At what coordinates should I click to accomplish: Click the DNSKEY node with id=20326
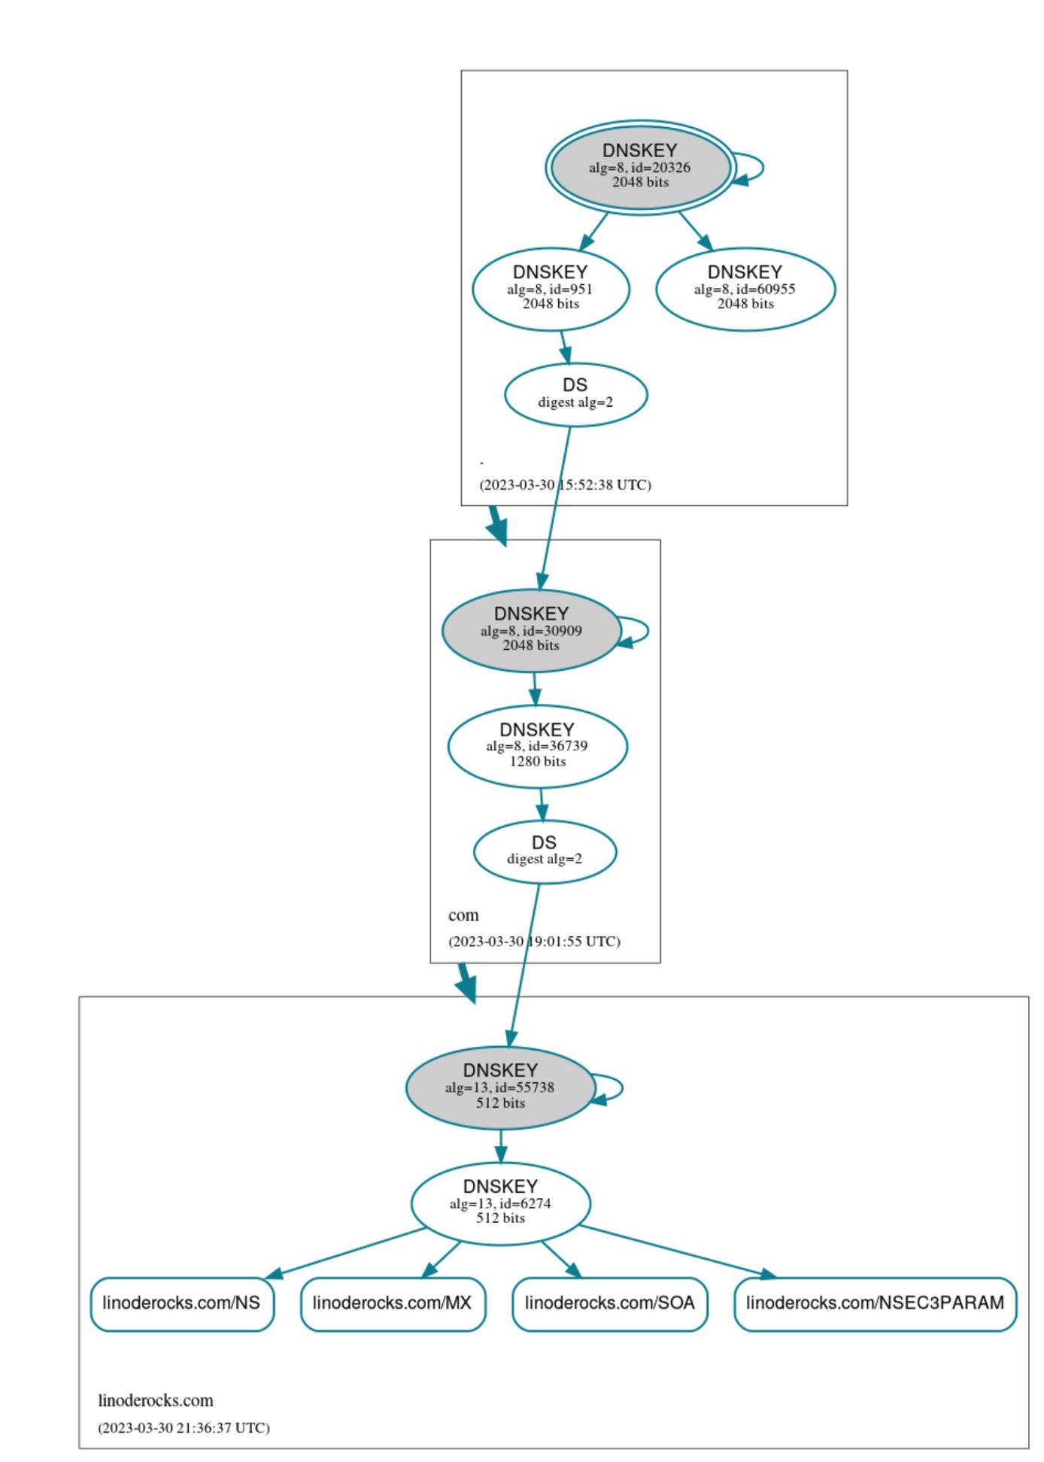[639, 167]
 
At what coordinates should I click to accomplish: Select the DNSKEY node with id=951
[551, 289]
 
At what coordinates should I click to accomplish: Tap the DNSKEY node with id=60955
[745, 289]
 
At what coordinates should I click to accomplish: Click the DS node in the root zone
[575, 394]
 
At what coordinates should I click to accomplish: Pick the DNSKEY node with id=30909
[531, 630]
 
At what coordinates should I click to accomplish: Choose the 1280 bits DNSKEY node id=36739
[537, 746]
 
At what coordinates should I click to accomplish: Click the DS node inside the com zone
[545, 851]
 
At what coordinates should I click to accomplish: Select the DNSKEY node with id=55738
[500, 1087]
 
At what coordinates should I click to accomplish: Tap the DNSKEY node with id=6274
[500, 1203]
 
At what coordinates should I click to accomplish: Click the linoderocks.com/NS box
[182, 1303]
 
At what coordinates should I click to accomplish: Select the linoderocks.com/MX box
[393, 1303]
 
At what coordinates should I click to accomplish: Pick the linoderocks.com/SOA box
[609, 1303]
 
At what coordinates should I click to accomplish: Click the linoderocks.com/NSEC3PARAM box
[875, 1303]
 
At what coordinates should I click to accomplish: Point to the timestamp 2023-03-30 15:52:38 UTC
[566, 485]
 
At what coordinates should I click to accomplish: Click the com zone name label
[463, 915]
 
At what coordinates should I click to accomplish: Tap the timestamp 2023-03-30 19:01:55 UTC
[534, 942]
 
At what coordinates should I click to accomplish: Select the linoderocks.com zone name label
[156, 1400]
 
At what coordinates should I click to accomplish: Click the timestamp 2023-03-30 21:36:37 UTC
[184, 1427]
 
